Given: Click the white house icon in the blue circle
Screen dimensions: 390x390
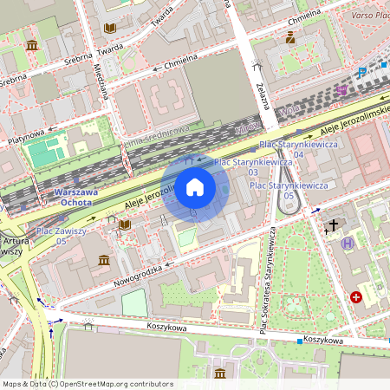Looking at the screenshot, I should (195, 187).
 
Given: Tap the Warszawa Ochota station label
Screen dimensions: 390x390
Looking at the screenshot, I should (76, 197).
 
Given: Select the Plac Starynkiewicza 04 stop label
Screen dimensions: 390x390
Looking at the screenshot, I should (293, 148).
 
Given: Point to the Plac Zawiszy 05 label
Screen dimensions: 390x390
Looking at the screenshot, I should (62, 236).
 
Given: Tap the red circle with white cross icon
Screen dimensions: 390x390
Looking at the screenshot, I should (356, 297).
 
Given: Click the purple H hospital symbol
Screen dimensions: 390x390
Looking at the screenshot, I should (348, 243).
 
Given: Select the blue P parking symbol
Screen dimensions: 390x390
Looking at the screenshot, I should (361, 74).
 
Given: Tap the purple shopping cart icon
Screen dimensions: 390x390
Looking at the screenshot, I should (342, 89).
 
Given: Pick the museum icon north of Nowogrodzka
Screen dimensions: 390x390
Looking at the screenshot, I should (104, 260).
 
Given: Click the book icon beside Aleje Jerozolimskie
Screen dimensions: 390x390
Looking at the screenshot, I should (126, 224).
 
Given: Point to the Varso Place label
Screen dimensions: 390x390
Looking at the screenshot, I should (368, 16).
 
